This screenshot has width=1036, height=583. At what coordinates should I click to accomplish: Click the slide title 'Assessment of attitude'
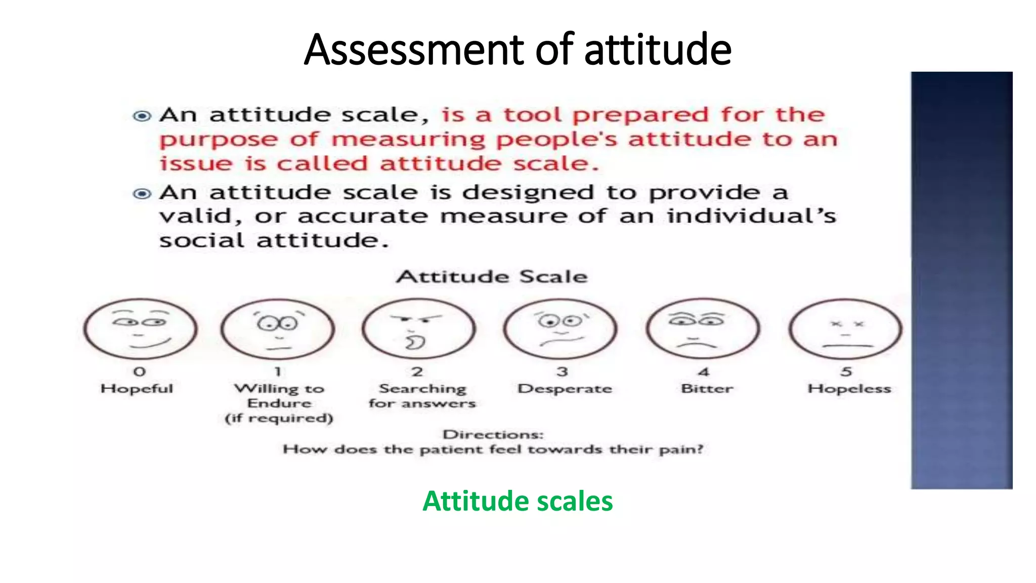(517, 50)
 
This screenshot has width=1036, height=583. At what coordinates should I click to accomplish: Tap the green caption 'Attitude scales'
(517, 501)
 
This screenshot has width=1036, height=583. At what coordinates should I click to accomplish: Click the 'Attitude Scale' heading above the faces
(492, 277)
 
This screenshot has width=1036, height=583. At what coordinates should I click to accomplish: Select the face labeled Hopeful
(140, 328)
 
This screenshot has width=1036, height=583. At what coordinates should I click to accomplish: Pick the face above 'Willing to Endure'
(278, 328)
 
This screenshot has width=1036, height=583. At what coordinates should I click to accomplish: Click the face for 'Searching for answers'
(418, 328)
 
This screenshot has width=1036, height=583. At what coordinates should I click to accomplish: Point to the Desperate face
(560, 328)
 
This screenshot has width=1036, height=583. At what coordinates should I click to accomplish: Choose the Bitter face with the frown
(703, 328)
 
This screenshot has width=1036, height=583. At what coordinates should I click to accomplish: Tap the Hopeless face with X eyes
(845, 328)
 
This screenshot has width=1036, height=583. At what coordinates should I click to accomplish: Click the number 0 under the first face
(140, 372)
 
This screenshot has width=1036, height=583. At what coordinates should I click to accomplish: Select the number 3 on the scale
(562, 372)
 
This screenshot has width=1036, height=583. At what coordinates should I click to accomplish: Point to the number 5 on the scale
(846, 372)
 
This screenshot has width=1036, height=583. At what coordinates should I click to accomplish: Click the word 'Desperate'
(565, 389)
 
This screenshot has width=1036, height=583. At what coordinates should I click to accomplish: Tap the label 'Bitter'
(707, 389)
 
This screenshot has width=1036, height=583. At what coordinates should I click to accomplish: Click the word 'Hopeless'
(849, 389)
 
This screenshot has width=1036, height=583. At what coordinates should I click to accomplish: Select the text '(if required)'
(279, 418)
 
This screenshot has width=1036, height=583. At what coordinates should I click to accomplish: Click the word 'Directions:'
(493, 435)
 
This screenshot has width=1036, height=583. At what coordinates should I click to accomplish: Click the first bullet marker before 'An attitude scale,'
(142, 116)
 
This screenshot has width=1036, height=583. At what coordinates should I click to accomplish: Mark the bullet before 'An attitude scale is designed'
(142, 194)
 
